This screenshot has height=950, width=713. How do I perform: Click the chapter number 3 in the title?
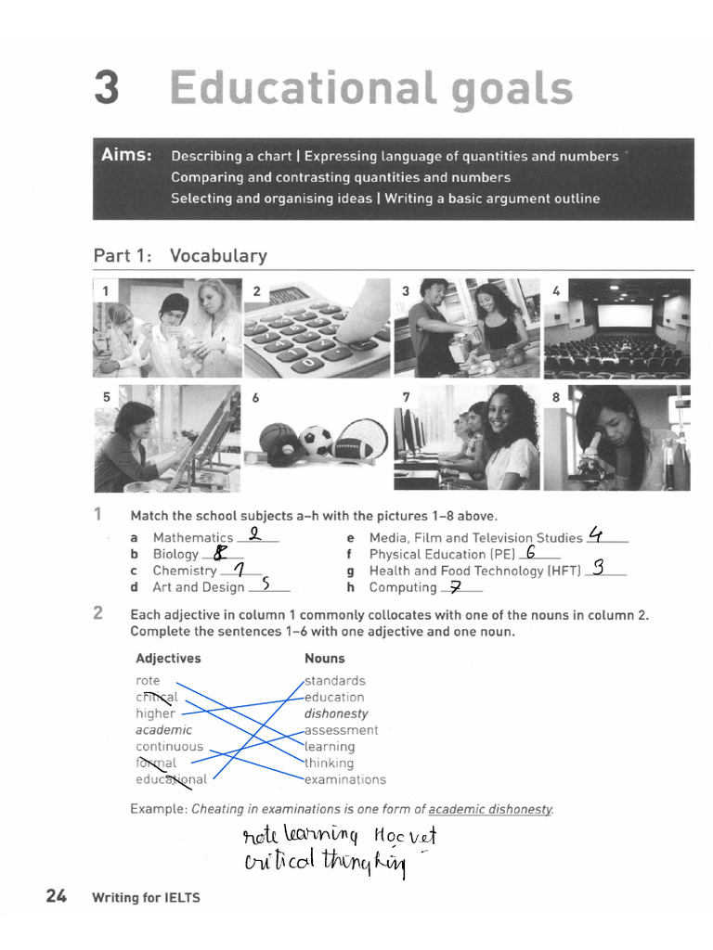pyautogui.click(x=108, y=89)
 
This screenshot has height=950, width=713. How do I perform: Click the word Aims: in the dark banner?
pyautogui.click(x=127, y=156)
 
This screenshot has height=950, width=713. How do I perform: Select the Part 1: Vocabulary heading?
pyautogui.click(x=180, y=256)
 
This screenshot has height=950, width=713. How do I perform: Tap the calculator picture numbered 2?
pyautogui.click(x=317, y=328)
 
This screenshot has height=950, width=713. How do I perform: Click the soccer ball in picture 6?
pyautogui.click(x=318, y=441)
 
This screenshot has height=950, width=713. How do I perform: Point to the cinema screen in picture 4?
pyautogui.click(x=625, y=315)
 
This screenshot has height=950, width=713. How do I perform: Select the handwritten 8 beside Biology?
pyautogui.click(x=220, y=553)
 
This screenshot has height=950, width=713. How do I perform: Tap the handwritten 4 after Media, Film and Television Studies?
pyautogui.click(x=597, y=534)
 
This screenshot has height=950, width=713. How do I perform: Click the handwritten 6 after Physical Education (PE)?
pyautogui.click(x=530, y=552)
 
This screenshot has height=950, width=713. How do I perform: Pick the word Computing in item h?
pyautogui.click(x=403, y=587)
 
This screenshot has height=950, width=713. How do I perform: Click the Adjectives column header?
pyautogui.click(x=168, y=659)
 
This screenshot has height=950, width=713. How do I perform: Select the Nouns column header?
pyautogui.click(x=324, y=659)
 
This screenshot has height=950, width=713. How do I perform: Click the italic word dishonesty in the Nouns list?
pyautogui.click(x=336, y=713)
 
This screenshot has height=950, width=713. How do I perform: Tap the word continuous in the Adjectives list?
pyautogui.click(x=169, y=747)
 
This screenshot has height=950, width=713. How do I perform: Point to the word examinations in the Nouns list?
pyautogui.click(x=344, y=779)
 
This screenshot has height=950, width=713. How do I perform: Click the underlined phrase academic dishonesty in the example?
pyautogui.click(x=489, y=809)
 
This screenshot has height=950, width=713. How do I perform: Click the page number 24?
pyautogui.click(x=56, y=896)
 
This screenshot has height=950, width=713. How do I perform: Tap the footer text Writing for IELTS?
pyautogui.click(x=146, y=897)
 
